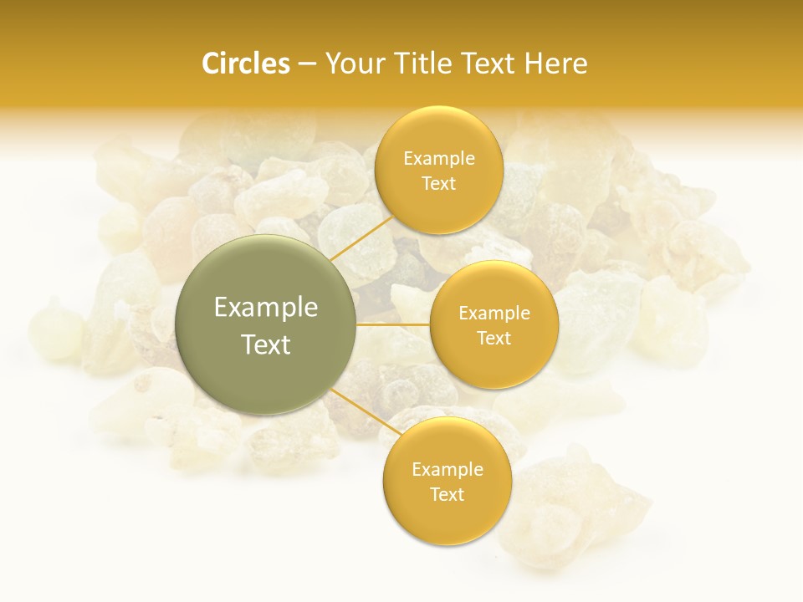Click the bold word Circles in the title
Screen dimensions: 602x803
pos(246,64)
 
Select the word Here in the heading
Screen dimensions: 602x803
pos(555,64)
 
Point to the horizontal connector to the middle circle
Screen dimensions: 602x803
pos(393,324)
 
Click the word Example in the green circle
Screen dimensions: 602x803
pos(266,308)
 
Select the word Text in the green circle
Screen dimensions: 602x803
pos(266,344)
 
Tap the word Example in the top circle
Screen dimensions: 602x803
pos(439,159)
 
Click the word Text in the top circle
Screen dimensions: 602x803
pos(438,184)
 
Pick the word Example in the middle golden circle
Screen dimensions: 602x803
pos(494,314)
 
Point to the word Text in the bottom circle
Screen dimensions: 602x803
pos(447,494)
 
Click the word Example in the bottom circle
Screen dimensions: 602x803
pos(448,469)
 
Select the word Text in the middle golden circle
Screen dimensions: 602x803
pos(494,339)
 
